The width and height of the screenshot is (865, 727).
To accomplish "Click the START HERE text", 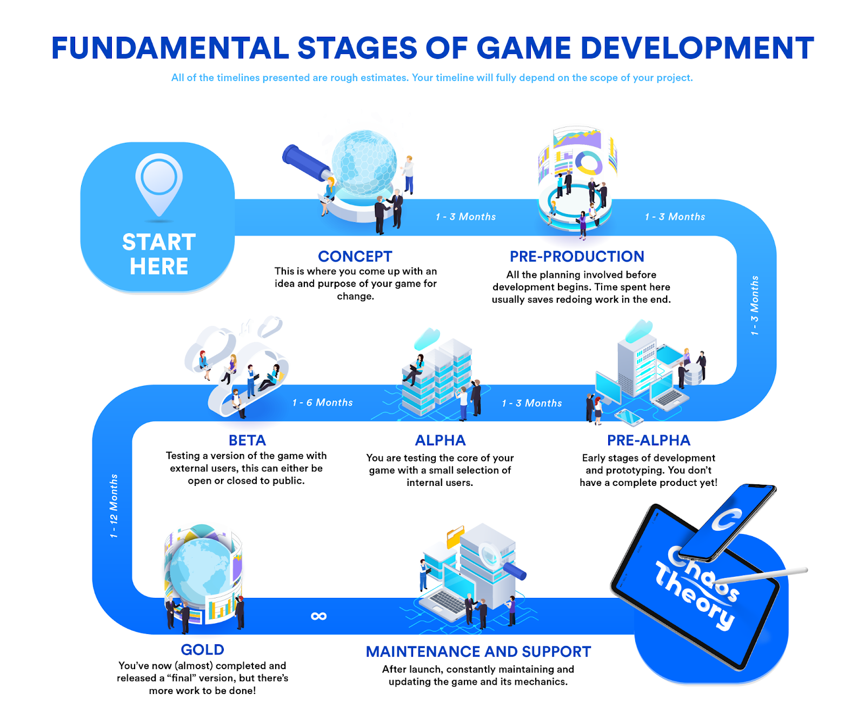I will pos(158,254).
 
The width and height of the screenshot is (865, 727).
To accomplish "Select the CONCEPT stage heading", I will pos(355,256).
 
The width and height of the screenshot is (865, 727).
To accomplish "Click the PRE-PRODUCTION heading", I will pos(577,256).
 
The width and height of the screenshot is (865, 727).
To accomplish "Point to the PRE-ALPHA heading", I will pos(648,440).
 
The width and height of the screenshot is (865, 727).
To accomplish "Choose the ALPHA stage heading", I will pos(440,440).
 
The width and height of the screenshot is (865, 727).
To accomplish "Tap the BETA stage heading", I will pos(247,440).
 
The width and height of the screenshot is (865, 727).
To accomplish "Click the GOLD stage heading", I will pos(202,649).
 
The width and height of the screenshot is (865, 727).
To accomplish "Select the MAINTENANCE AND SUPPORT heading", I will pos(478,651).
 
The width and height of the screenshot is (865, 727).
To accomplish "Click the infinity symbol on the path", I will pos(318,616).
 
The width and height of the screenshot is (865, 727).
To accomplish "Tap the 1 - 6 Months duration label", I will pos(322,403).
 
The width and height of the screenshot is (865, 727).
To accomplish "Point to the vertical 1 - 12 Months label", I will pos(114,506).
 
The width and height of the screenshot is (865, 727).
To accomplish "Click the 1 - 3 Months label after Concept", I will pos(465,217).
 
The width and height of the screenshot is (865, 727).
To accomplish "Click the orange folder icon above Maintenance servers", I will pos(455,538).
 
